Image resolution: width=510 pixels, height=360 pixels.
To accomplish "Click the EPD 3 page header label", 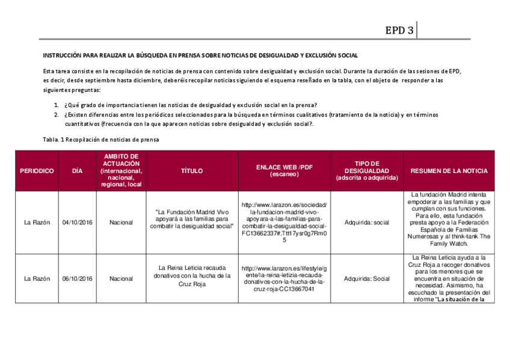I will pos(399,31).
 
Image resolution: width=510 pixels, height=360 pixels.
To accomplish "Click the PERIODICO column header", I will pos(37,171).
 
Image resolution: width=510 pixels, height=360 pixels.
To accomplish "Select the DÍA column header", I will pos(77,171).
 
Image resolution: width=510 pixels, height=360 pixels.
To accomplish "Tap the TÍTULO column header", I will pos(192,171).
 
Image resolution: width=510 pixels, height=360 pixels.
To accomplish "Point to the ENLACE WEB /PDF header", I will pos(284,171).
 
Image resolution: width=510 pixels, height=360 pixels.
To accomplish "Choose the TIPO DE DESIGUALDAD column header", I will pos(366,171).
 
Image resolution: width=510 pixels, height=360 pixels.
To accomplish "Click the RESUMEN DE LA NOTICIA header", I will pos(449,171).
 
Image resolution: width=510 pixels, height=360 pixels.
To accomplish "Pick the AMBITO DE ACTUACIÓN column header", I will pos(121,171).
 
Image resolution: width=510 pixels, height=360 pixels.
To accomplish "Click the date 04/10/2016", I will pos(77,222).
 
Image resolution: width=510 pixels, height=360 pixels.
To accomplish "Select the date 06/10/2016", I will pos(77,279).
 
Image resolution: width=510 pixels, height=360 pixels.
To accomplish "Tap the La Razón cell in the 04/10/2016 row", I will pos(37,222).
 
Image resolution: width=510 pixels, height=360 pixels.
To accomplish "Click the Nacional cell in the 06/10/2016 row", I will pos(121,279).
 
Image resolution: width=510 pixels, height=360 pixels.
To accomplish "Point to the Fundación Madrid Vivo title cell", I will pos(192,219).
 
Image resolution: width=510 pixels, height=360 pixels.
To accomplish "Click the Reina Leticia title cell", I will pos(192,276).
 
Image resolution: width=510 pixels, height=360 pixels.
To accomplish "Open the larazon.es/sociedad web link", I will pos(284,222).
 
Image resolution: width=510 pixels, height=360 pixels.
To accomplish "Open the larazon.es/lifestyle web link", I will pos(284,278).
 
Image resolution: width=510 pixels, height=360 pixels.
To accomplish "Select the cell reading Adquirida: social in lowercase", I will pos(366,222).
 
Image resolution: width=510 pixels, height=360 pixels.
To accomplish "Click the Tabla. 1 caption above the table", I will pos(101,139).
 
